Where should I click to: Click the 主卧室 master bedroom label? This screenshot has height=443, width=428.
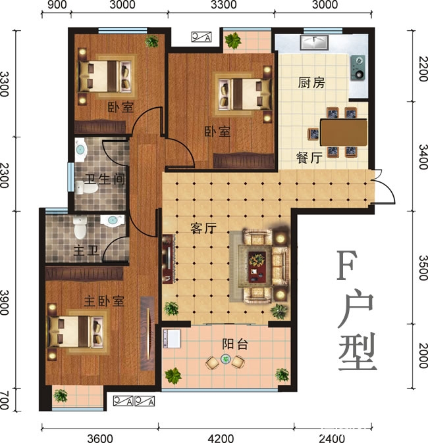click(104, 300)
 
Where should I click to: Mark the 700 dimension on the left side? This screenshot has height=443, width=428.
click(6, 398)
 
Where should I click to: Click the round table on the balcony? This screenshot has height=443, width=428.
click(225, 360)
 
